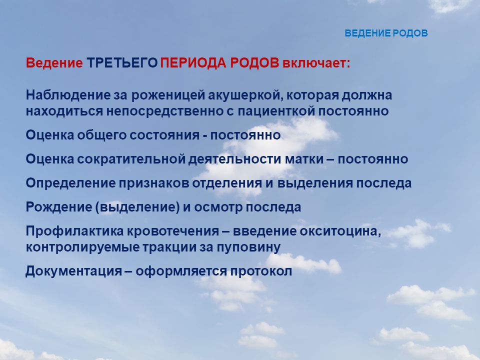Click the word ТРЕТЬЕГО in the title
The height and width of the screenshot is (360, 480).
[122, 63]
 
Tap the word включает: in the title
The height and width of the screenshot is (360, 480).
[316, 63]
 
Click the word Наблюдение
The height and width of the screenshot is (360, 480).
[68, 95]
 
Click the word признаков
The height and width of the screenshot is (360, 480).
[154, 183]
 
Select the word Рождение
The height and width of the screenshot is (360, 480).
[59, 207]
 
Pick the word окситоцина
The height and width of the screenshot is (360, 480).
[340, 231]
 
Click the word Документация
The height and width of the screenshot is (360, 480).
[74, 271]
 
